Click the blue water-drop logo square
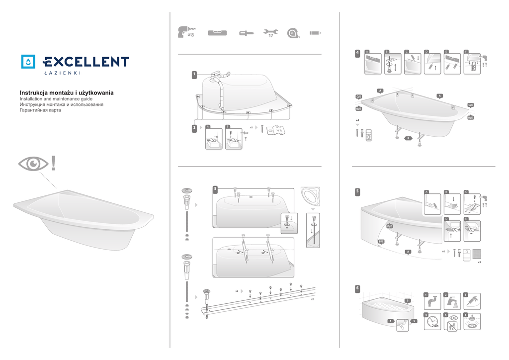tap(29, 61)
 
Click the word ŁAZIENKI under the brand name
tap(62, 74)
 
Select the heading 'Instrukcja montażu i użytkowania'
tap(67, 93)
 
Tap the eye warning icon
tap(33, 163)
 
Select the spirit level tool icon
tap(217, 33)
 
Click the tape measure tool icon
tap(293, 33)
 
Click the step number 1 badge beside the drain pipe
tap(194, 75)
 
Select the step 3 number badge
tap(215, 189)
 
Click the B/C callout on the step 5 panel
tap(381, 242)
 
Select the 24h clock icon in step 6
tap(432, 322)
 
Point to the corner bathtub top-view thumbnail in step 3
tap(311, 197)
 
